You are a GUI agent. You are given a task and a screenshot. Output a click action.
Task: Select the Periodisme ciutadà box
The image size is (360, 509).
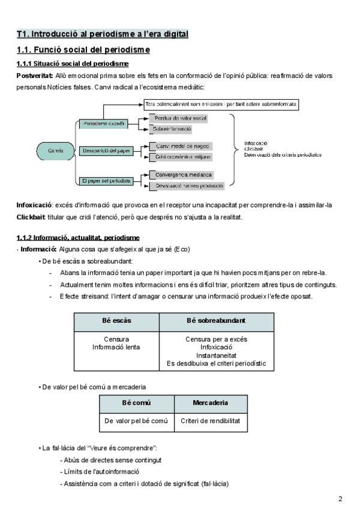click(x=104, y=124)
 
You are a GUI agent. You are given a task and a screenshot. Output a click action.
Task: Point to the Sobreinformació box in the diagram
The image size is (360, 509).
click(x=173, y=129)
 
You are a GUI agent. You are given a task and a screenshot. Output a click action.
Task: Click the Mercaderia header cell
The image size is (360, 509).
click(x=210, y=402)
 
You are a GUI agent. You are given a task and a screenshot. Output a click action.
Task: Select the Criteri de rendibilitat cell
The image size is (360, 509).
click(x=210, y=421)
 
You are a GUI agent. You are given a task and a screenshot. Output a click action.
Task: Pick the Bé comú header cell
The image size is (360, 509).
click(x=136, y=402)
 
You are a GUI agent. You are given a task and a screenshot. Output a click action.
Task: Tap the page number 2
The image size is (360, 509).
click(x=340, y=499)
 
